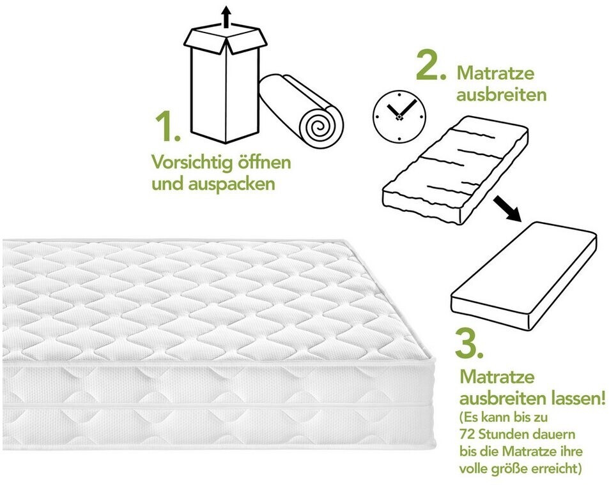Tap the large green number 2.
(x=431, y=65)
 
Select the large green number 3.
(x=469, y=343)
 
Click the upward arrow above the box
(x=226, y=17)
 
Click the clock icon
(x=399, y=116)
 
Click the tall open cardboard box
(x=226, y=83)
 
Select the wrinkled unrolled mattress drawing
(x=455, y=171)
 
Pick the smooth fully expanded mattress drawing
(x=523, y=276)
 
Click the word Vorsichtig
(x=189, y=163)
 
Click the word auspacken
(x=231, y=184)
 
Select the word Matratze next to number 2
(x=496, y=73)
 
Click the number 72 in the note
(x=467, y=434)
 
